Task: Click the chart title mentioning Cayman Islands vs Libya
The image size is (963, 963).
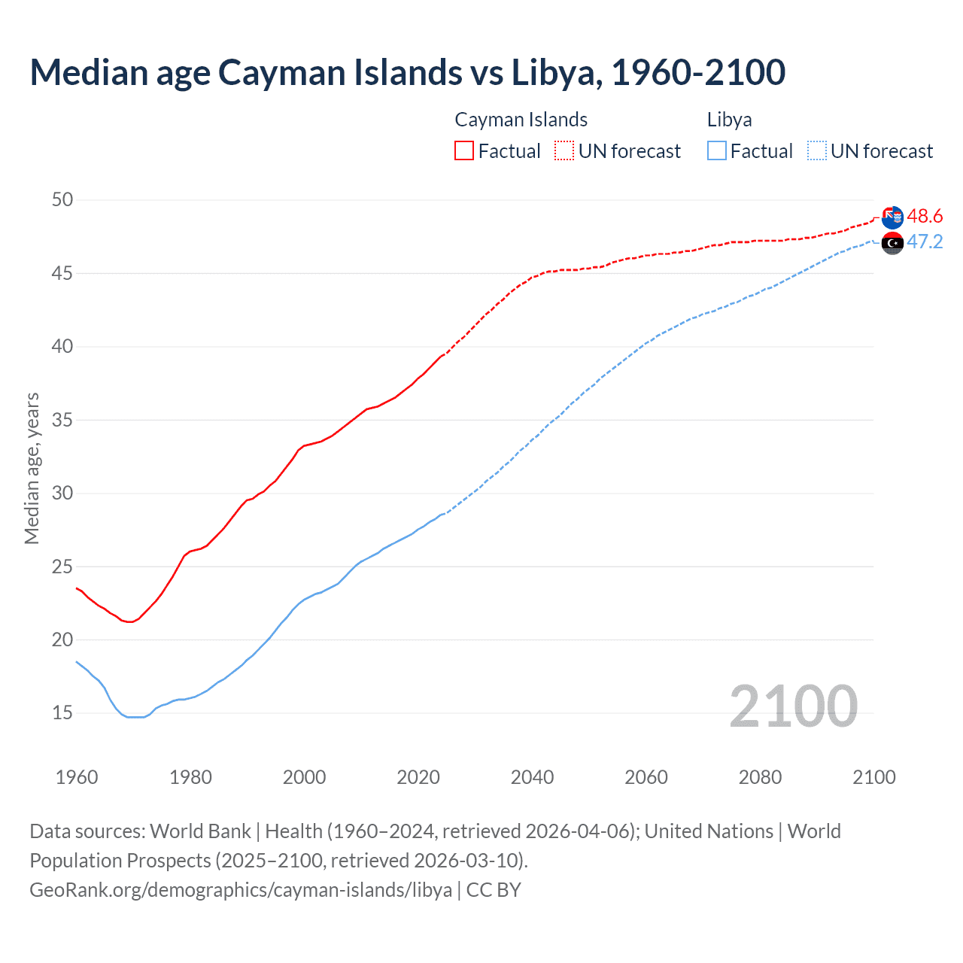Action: (x=407, y=72)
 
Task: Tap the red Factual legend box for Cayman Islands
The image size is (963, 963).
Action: (x=464, y=150)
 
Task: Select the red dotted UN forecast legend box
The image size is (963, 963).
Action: (x=564, y=150)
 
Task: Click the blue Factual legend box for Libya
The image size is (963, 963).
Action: (x=717, y=150)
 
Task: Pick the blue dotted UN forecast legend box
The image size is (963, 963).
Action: (x=817, y=150)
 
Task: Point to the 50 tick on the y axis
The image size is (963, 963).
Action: (x=62, y=199)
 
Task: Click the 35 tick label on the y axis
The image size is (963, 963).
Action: (x=62, y=420)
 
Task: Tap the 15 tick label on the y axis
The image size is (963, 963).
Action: (x=62, y=712)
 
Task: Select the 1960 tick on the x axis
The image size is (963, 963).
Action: (x=77, y=777)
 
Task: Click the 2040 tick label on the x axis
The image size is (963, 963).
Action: (x=532, y=777)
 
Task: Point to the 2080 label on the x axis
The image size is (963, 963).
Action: (x=760, y=777)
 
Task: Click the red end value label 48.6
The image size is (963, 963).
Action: (x=925, y=217)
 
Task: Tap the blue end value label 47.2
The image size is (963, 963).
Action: (x=925, y=242)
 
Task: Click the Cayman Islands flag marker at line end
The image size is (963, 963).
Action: (x=892, y=217)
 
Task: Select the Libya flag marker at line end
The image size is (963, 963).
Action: (x=892, y=243)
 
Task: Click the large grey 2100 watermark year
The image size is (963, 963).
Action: (x=793, y=706)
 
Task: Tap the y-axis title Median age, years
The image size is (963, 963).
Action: (x=32, y=468)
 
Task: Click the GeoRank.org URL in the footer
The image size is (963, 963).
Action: (x=241, y=890)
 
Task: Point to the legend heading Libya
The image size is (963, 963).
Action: (x=729, y=120)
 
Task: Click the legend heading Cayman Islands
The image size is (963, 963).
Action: (x=521, y=120)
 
